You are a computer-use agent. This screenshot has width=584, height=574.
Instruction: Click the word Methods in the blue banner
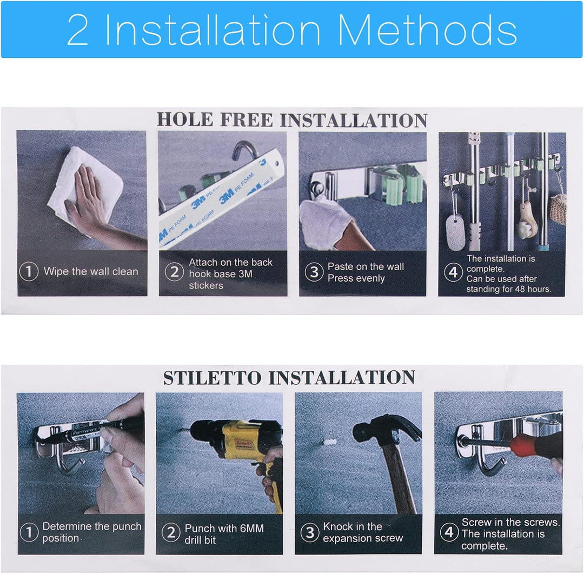click(x=427, y=29)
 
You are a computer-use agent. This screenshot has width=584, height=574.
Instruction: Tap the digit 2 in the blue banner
click(x=78, y=30)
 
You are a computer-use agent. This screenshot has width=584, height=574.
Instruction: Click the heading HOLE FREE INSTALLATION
click(x=292, y=120)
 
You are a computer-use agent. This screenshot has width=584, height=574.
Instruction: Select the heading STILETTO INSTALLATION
click(x=289, y=377)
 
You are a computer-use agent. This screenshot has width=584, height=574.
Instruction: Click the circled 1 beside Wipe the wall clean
click(x=29, y=271)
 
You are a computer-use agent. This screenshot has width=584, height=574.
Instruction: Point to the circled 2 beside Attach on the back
click(x=174, y=272)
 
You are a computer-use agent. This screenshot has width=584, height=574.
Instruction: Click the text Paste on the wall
click(x=366, y=266)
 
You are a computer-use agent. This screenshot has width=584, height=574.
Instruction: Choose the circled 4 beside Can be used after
click(x=453, y=272)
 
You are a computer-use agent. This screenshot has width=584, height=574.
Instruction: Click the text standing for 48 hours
click(x=508, y=289)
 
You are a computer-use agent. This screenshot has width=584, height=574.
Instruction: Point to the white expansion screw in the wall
click(x=329, y=443)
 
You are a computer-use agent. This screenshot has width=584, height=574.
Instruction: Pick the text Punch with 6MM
click(x=224, y=528)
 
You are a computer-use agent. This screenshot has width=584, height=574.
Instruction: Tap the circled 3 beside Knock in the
click(x=310, y=532)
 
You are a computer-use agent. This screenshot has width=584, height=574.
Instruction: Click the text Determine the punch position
click(x=91, y=532)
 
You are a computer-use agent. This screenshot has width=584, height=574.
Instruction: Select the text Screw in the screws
click(x=510, y=522)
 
